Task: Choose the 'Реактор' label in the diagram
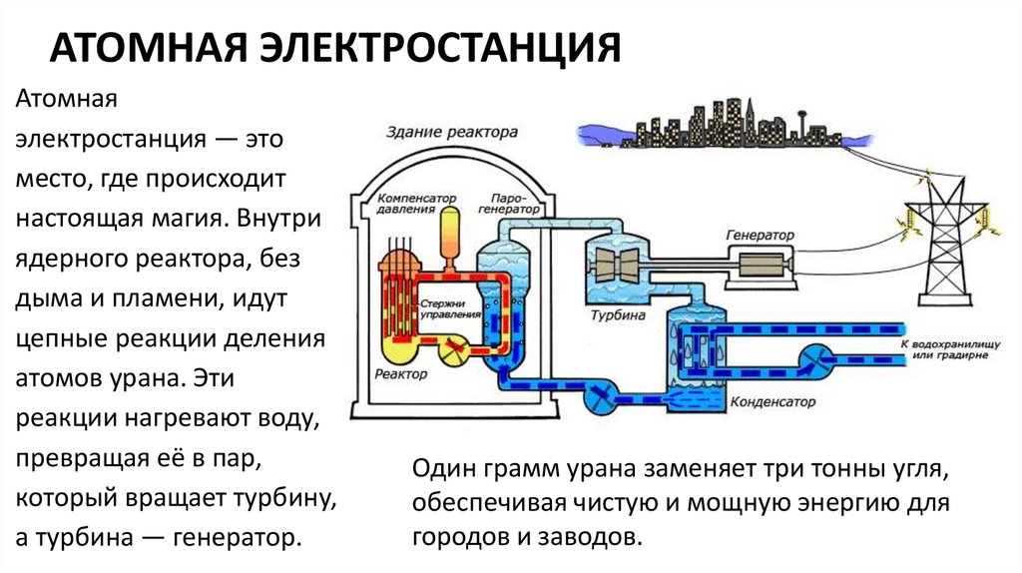click(x=401, y=374)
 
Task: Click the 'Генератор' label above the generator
click(x=761, y=236)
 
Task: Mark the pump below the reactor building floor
click(x=601, y=396)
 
